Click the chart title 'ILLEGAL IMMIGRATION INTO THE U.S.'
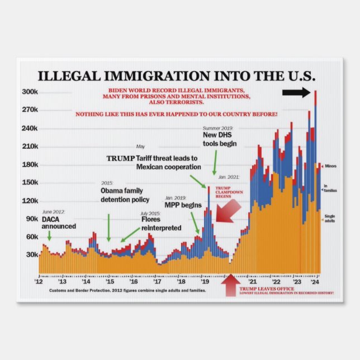[x=177, y=76]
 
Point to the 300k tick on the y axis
[x=30, y=92]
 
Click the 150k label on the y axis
[x=30, y=183]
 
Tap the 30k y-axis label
[x=31, y=255]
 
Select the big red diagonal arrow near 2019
[x=228, y=211]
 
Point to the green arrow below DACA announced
[x=50, y=235]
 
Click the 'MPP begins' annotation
[x=183, y=205]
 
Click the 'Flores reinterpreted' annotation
[x=161, y=224]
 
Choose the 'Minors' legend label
[x=330, y=166]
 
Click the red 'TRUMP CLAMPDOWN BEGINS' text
[x=224, y=192]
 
